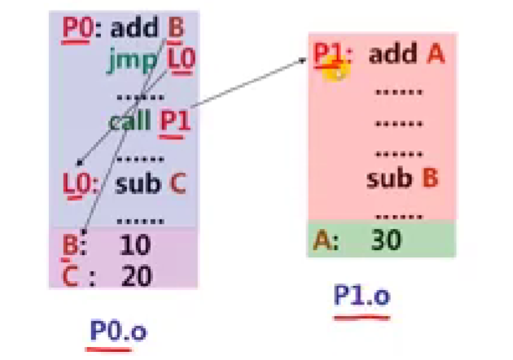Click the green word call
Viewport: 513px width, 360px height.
tap(129, 121)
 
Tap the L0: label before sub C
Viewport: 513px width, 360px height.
tap(79, 182)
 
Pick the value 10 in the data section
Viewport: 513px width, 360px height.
tap(135, 244)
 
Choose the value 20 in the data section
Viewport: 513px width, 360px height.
tap(136, 275)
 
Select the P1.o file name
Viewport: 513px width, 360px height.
tap(362, 295)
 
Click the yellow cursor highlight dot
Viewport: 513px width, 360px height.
tap(334, 69)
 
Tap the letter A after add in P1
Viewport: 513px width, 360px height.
tap(435, 55)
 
